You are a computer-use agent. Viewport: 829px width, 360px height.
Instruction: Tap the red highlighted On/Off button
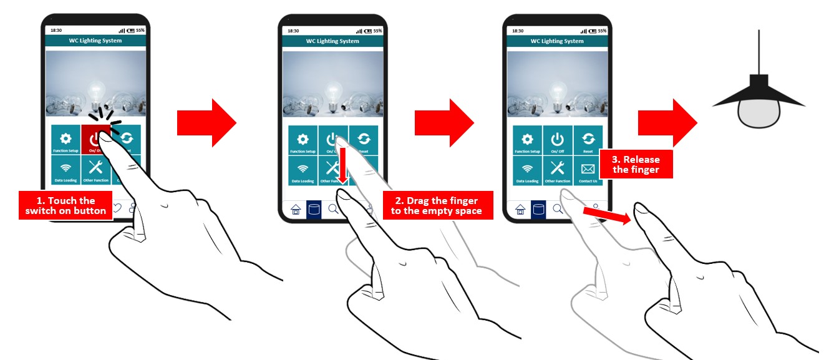pos(95,139)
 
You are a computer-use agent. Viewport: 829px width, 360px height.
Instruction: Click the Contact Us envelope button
pos(588,171)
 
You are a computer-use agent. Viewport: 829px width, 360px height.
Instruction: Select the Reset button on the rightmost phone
pos(588,140)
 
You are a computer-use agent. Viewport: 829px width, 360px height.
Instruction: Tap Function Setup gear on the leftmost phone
pos(65,140)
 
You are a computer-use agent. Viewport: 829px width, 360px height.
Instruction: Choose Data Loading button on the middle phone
pos(303,171)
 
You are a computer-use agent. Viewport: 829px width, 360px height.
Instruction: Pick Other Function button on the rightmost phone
pos(557,171)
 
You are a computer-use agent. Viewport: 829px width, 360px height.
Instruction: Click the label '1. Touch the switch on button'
pos(65,205)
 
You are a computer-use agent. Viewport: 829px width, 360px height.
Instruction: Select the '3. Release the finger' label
pos(636,164)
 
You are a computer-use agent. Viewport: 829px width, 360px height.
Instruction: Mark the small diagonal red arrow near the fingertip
pos(604,215)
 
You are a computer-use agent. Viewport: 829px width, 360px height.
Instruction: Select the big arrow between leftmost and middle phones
pos(206,123)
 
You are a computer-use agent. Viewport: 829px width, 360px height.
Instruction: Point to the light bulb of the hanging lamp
pos(759,113)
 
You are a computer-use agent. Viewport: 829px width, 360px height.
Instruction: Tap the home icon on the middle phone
pos(296,210)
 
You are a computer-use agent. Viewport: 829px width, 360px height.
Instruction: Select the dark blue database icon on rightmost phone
pos(538,210)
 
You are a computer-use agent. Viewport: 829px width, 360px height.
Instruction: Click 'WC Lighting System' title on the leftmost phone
pos(95,41)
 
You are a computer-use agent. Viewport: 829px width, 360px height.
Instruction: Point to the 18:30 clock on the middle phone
pos(293,31)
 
